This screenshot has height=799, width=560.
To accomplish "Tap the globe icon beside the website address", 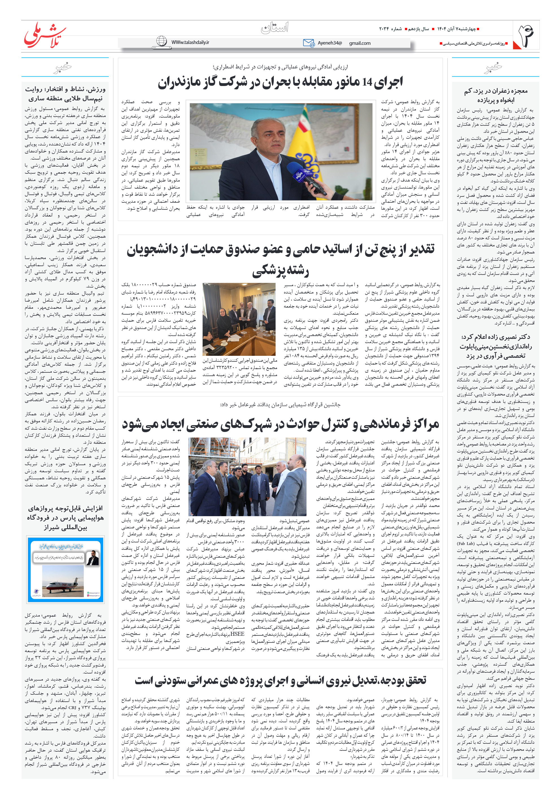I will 161,41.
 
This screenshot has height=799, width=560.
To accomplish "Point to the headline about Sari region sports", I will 65,94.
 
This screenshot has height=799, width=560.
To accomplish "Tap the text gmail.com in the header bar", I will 360,43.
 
